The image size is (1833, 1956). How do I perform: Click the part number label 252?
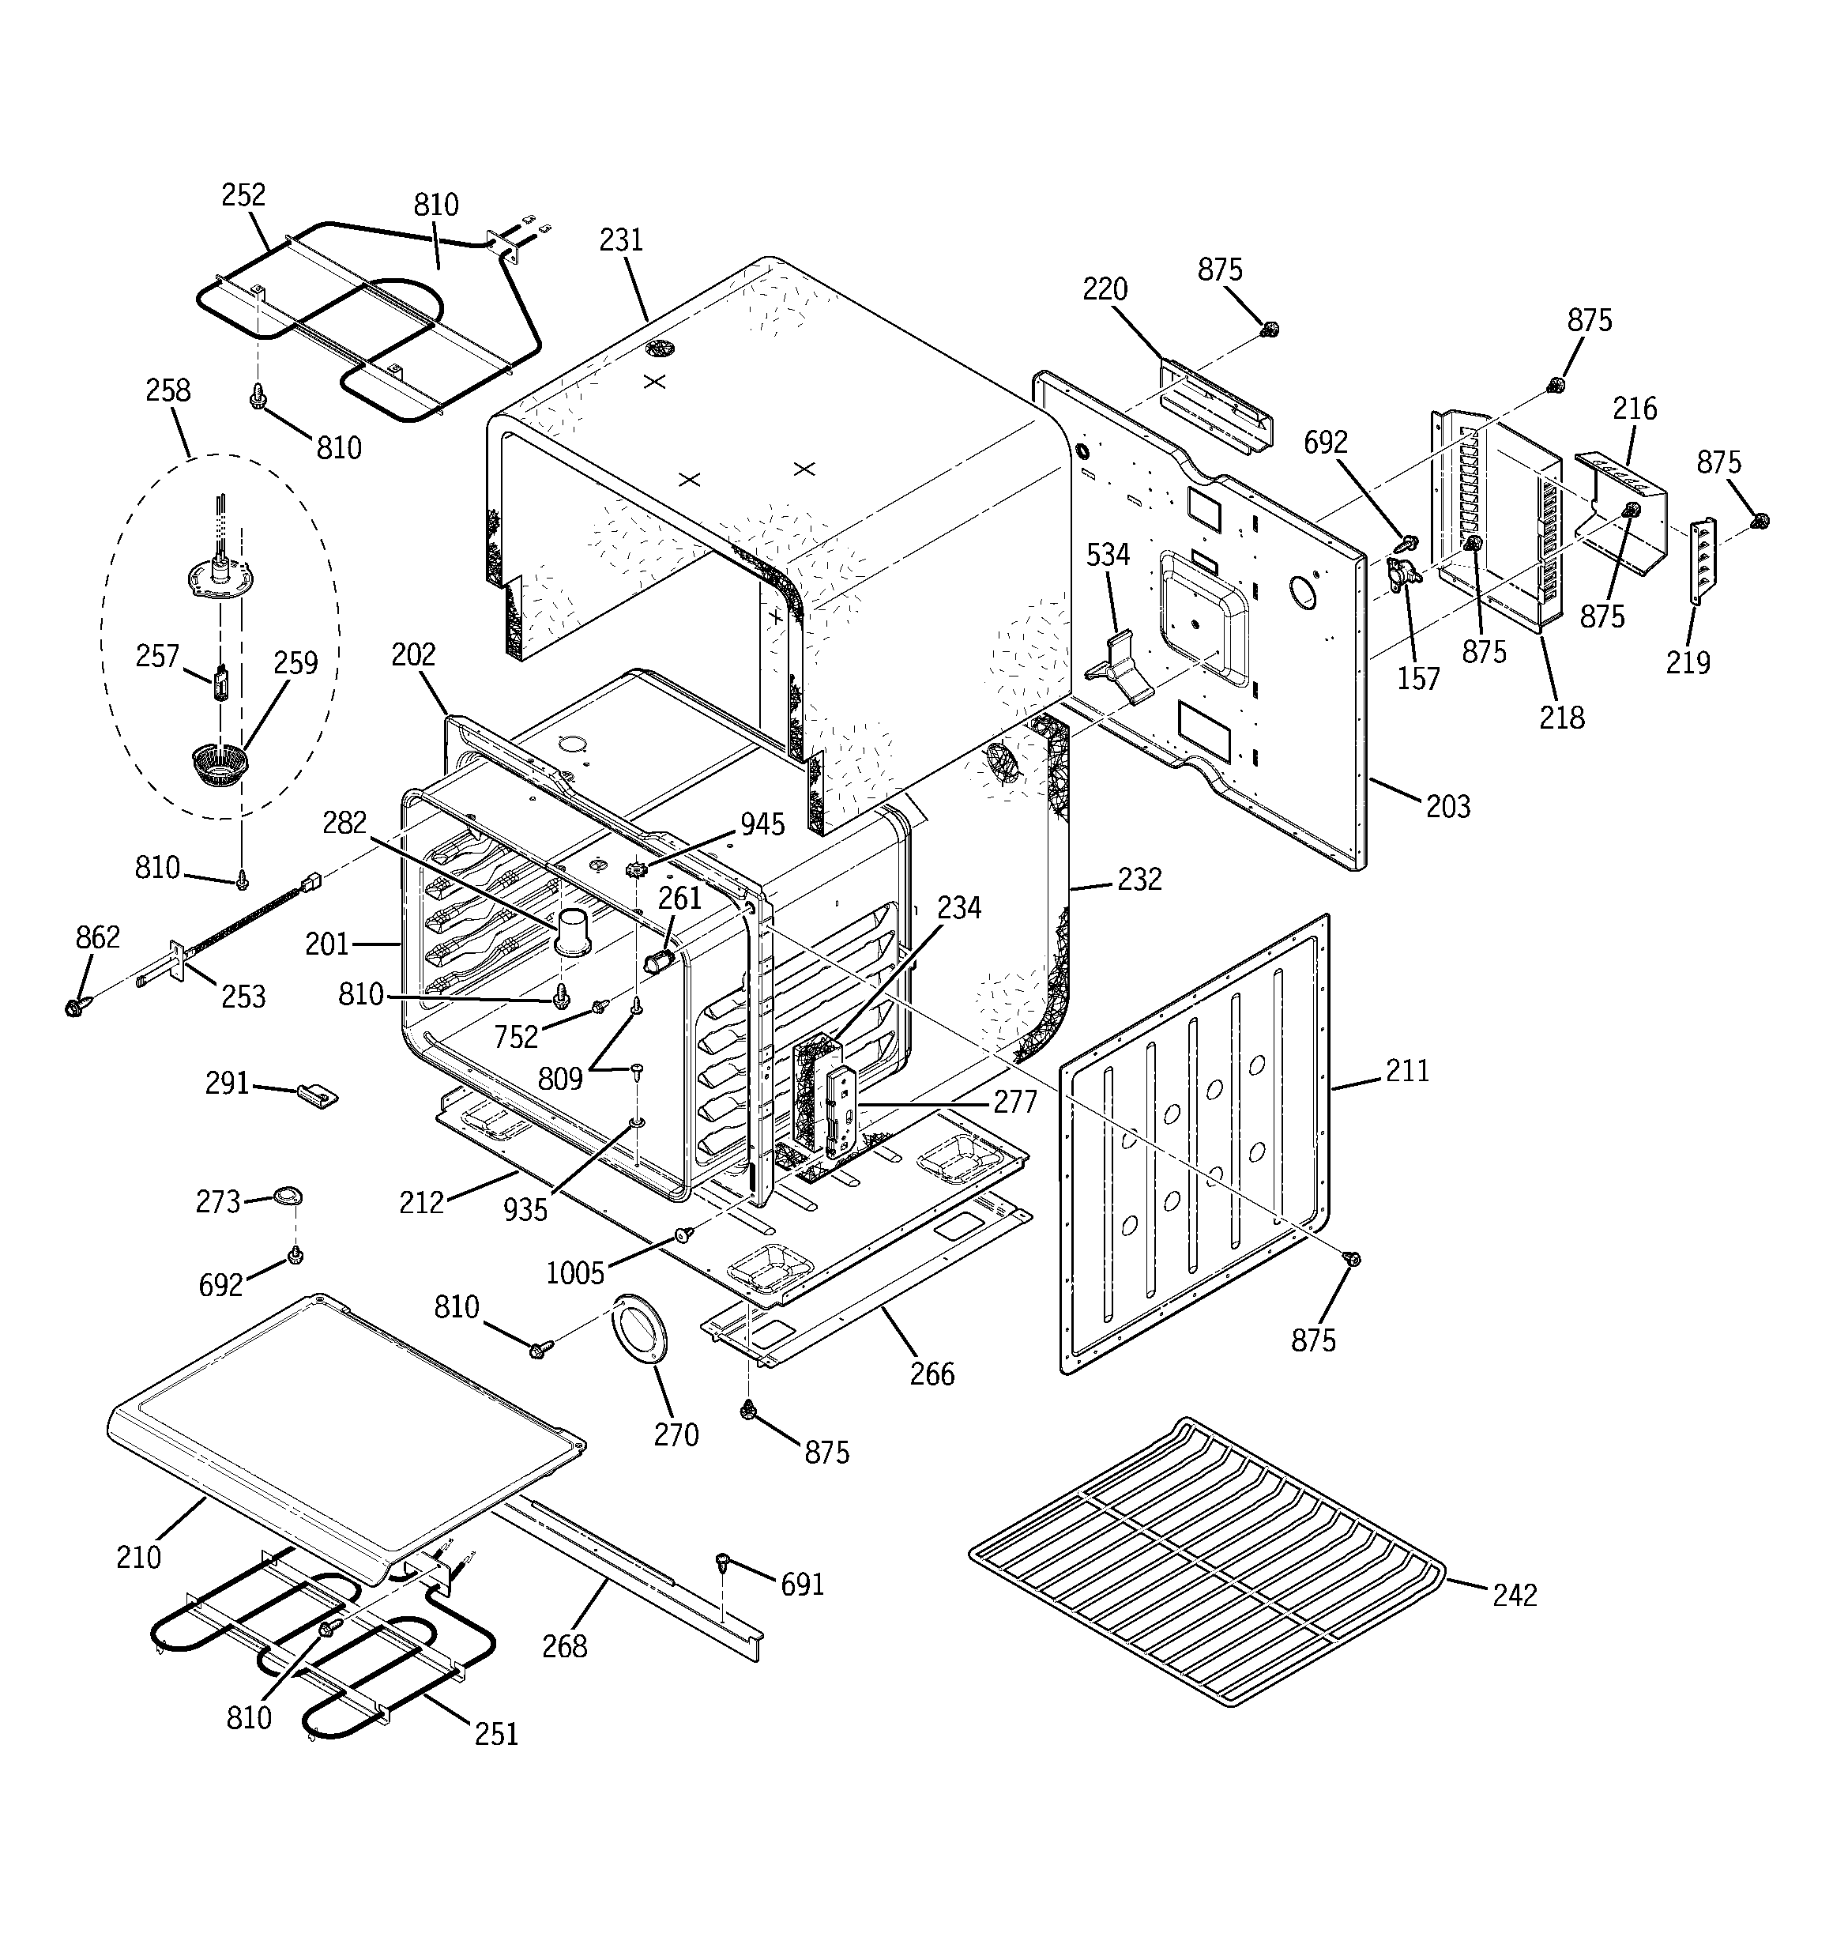[x=243, y=195]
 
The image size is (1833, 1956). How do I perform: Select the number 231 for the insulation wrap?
[x=621, y=240]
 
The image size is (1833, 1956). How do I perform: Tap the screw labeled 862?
[x=73, y=1008]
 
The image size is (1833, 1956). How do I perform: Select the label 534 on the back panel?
[x=1108, y=555]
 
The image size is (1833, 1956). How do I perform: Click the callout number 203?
[x=1447, y=807]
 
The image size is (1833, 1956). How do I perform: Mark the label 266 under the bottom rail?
[x=932, y=1374]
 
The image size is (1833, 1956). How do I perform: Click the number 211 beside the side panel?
[x=1407, y=1071]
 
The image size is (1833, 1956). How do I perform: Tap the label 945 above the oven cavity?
[x=762, y=824]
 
